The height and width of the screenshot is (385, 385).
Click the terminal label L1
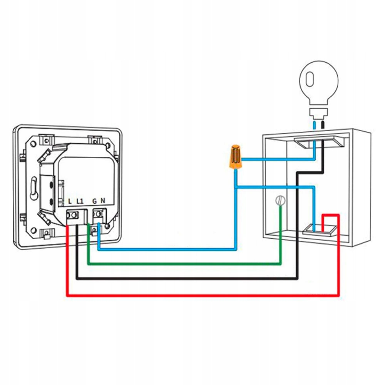click(80, 201)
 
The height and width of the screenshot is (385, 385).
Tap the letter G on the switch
click(94, 201)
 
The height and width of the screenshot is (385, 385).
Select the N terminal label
click(103, 201)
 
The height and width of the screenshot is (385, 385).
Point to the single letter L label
click(70, 201)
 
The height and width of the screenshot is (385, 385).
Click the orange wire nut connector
click(235, 156)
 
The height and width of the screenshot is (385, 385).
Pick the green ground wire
click(185, 264)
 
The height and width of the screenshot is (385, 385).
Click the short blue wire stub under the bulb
click(315, 126)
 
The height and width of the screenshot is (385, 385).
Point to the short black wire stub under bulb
click(323, 126)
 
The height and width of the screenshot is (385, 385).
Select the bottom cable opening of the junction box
click(319, 230)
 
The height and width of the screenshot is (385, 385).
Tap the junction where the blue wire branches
click(236, 187)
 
